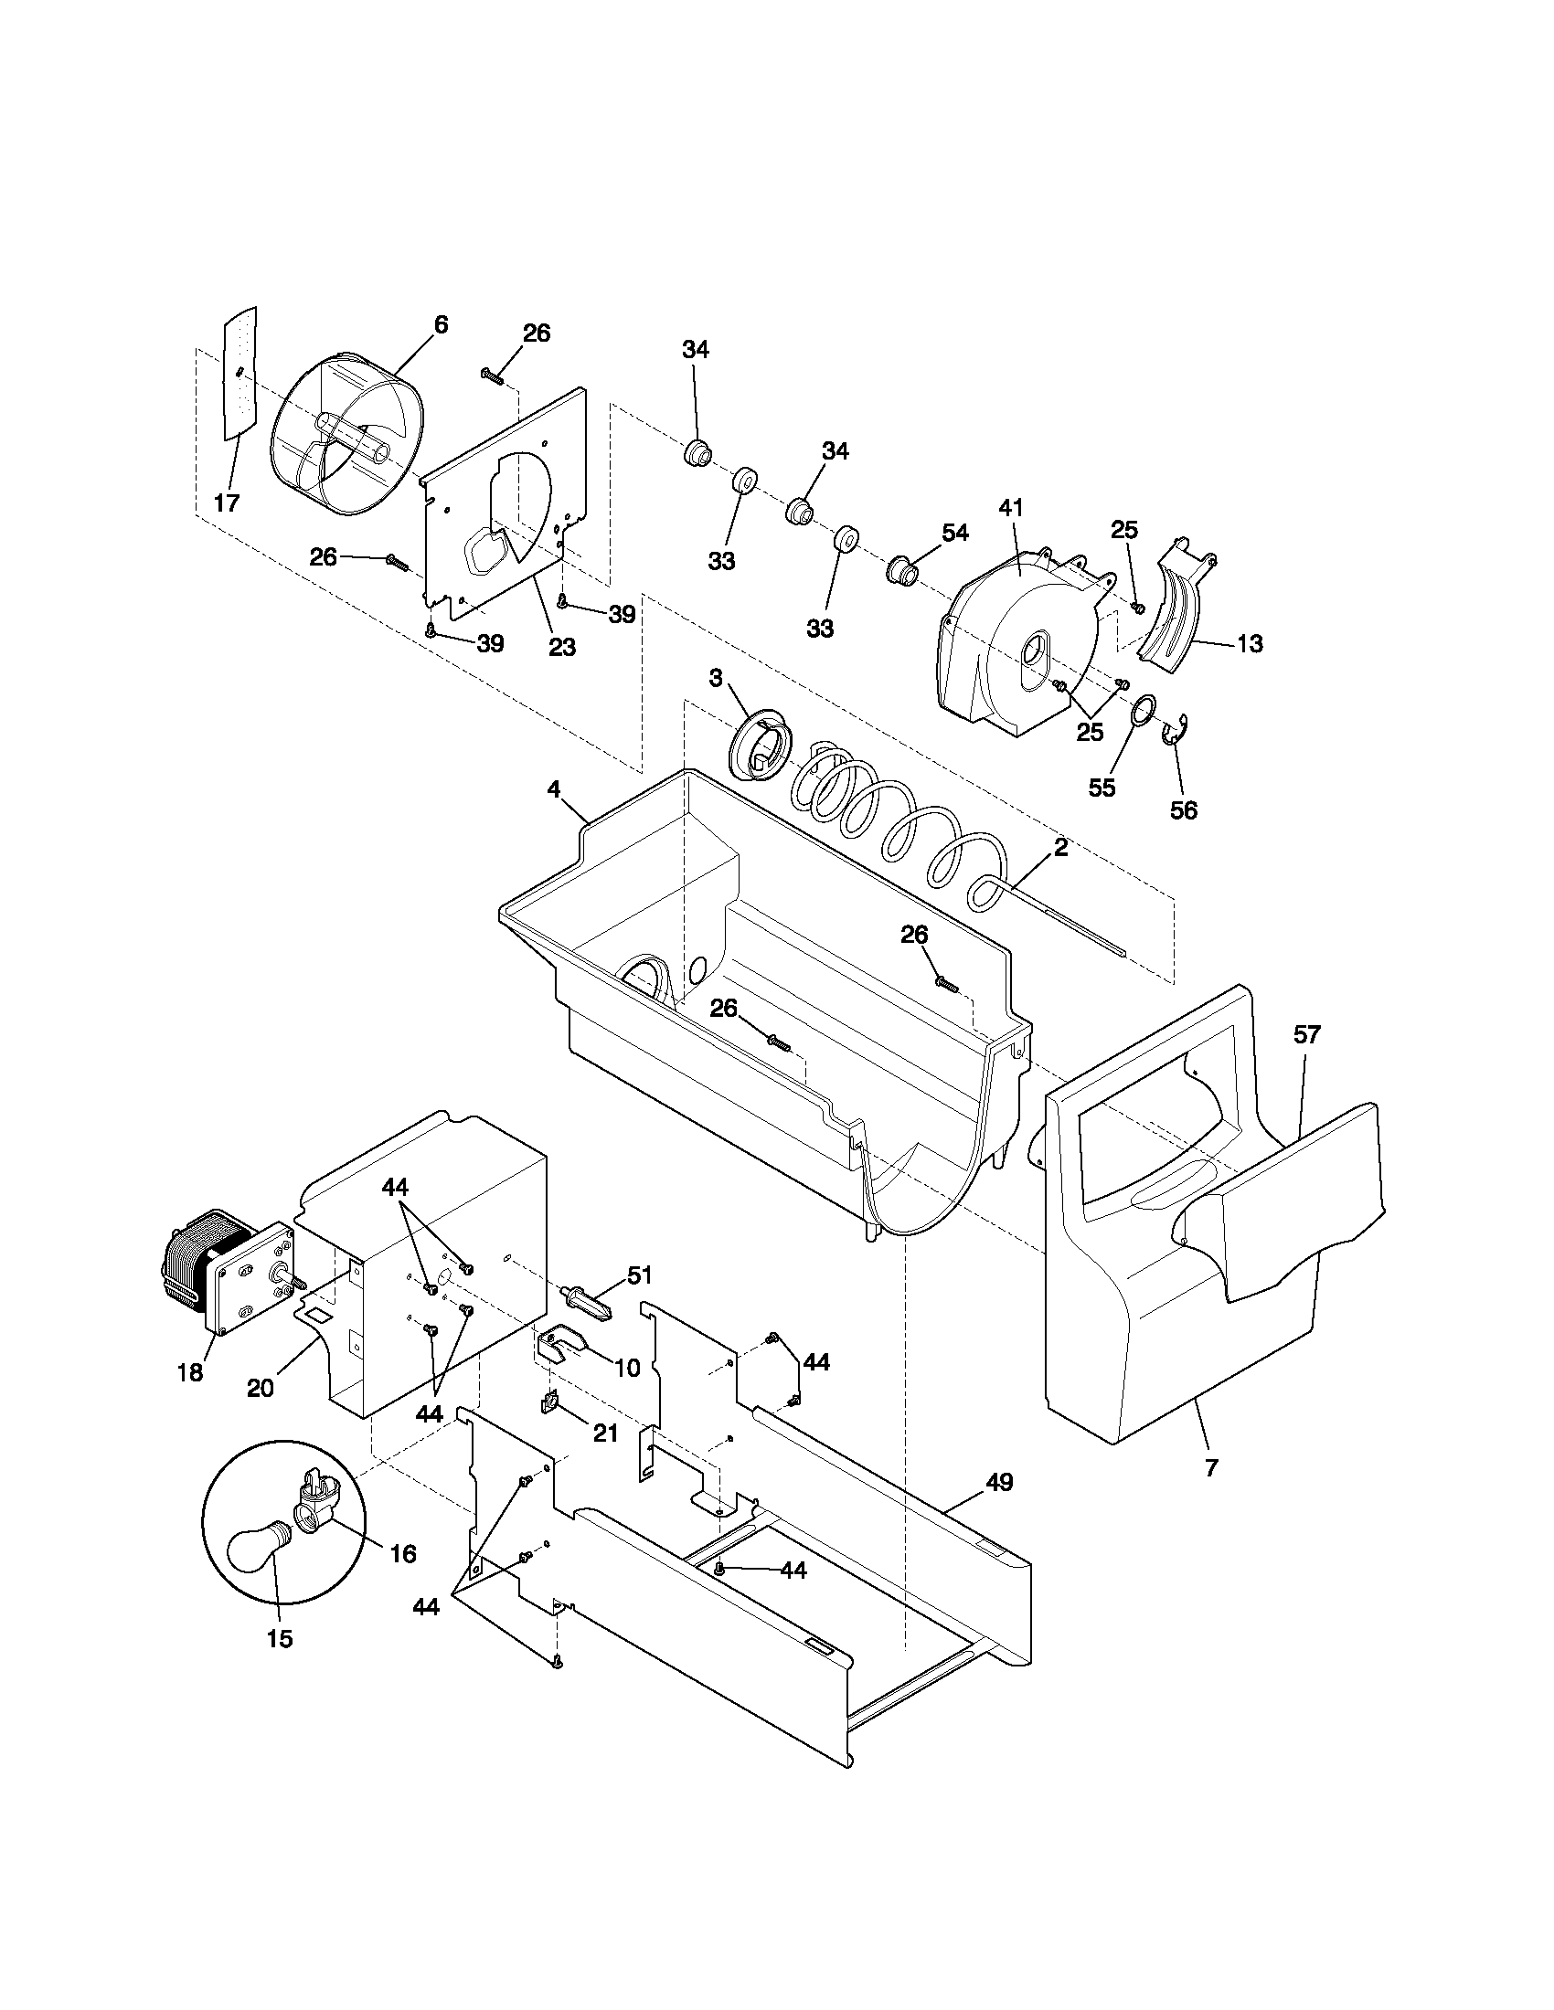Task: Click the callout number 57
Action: tap(1306, 1034)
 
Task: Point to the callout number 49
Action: tap(999, 1482)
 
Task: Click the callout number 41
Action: tap(1011, 507)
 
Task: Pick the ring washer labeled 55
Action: tap(1144, 712)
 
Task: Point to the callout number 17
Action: tap(227, 503)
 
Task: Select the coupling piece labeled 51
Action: tap(586, 1304)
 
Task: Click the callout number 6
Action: tap(441, 325)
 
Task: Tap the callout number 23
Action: tap(561, 647)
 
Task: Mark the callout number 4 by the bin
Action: tap(553, 788)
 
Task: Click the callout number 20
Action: tap(261, 1388)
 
